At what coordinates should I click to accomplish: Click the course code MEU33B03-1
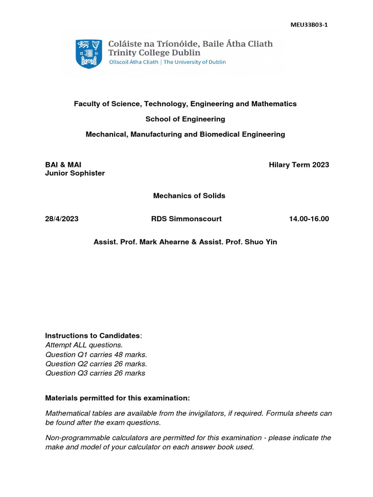click(x=309, y=25)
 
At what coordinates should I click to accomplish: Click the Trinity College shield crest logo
click(x=88, y=53)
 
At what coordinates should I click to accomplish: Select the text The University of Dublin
click(x=194, y=62)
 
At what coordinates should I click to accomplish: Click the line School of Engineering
click(x=185, y=119)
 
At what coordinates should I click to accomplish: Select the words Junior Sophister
click(x=75, y=173)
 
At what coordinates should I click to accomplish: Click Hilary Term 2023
click(x=299, y=165)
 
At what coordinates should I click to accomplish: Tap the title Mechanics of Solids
click(x=189, y=196)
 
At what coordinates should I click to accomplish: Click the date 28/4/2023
click(x=62, y=219)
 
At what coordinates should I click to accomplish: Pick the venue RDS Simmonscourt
click(x=186, y=219)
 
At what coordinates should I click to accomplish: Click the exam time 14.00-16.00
click(x=308, y=219)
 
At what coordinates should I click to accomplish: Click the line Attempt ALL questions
click(x=84, y=345)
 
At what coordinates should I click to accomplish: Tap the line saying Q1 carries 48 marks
click(x=96, y=354)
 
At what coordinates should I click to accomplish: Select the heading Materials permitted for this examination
click(x=118, y=398)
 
